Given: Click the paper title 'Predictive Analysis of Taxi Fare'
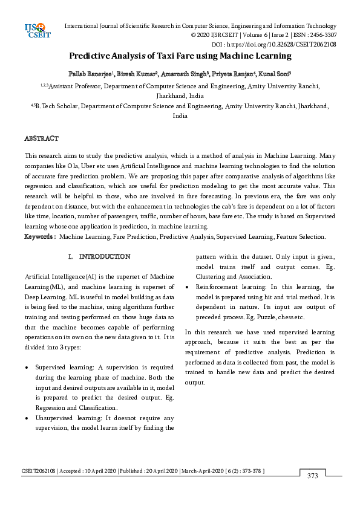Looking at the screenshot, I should click(180, 56).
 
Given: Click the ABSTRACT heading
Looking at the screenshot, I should click(41, 138).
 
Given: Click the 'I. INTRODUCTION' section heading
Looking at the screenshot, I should click(99, 257).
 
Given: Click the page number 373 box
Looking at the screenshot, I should click(313, 476).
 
